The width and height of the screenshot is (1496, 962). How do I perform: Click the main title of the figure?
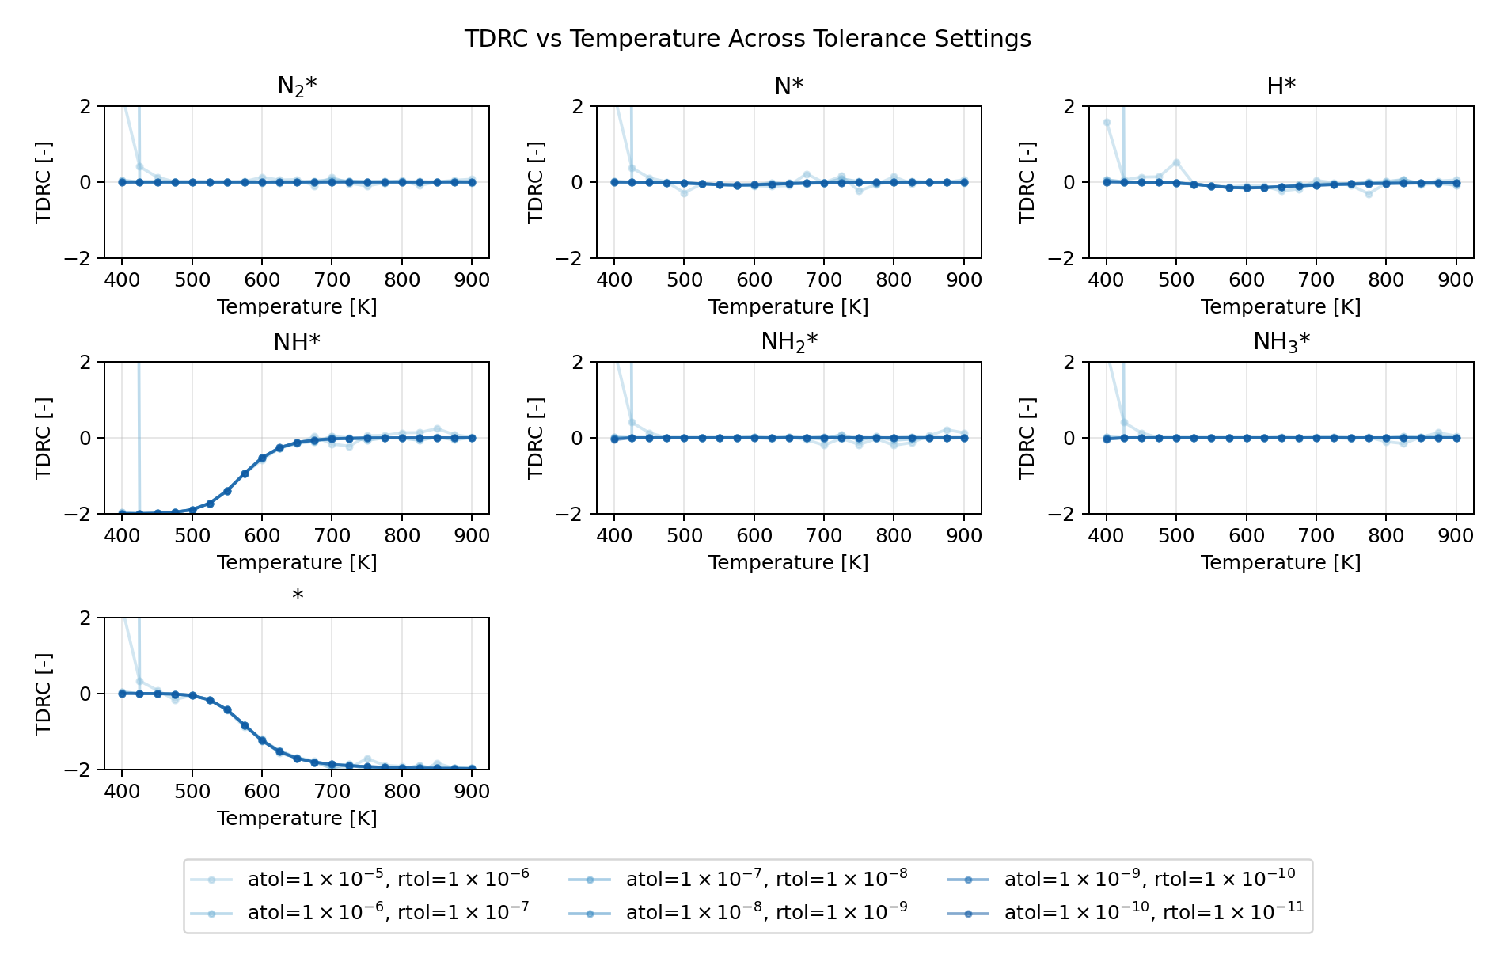coord(747,39)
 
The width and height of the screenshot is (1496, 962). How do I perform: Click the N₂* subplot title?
coord(297,86)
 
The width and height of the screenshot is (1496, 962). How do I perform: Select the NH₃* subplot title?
coord(1281,342)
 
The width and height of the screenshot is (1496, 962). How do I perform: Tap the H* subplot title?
coord(1281,86)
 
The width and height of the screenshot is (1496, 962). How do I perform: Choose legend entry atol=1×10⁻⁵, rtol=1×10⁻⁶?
coord(388,879)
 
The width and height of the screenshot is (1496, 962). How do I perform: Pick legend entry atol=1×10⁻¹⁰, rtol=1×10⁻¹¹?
coord(1153,913)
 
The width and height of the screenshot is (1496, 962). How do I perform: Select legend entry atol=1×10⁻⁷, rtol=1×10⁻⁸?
coord(766,879)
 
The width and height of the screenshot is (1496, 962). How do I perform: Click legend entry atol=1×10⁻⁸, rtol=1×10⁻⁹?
coord(766,913)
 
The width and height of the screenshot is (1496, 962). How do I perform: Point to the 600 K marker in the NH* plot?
coord(262,458)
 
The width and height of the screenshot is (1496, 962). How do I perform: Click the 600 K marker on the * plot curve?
coord(262,740)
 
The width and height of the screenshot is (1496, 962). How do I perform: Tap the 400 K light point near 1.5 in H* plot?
coord(1107,123)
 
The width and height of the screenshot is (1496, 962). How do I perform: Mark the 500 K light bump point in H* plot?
coord(1176,163)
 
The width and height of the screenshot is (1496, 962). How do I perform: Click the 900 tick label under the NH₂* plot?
coord(963,536)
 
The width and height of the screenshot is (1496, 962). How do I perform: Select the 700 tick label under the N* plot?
coord(823,280)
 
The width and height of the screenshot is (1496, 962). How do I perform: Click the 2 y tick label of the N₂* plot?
coord(87,106)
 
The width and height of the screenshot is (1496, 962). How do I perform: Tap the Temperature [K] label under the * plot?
coord(297,819)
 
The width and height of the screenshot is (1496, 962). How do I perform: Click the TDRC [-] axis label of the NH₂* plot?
coord(536,438)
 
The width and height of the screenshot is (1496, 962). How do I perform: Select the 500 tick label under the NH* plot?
coord(192,536)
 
